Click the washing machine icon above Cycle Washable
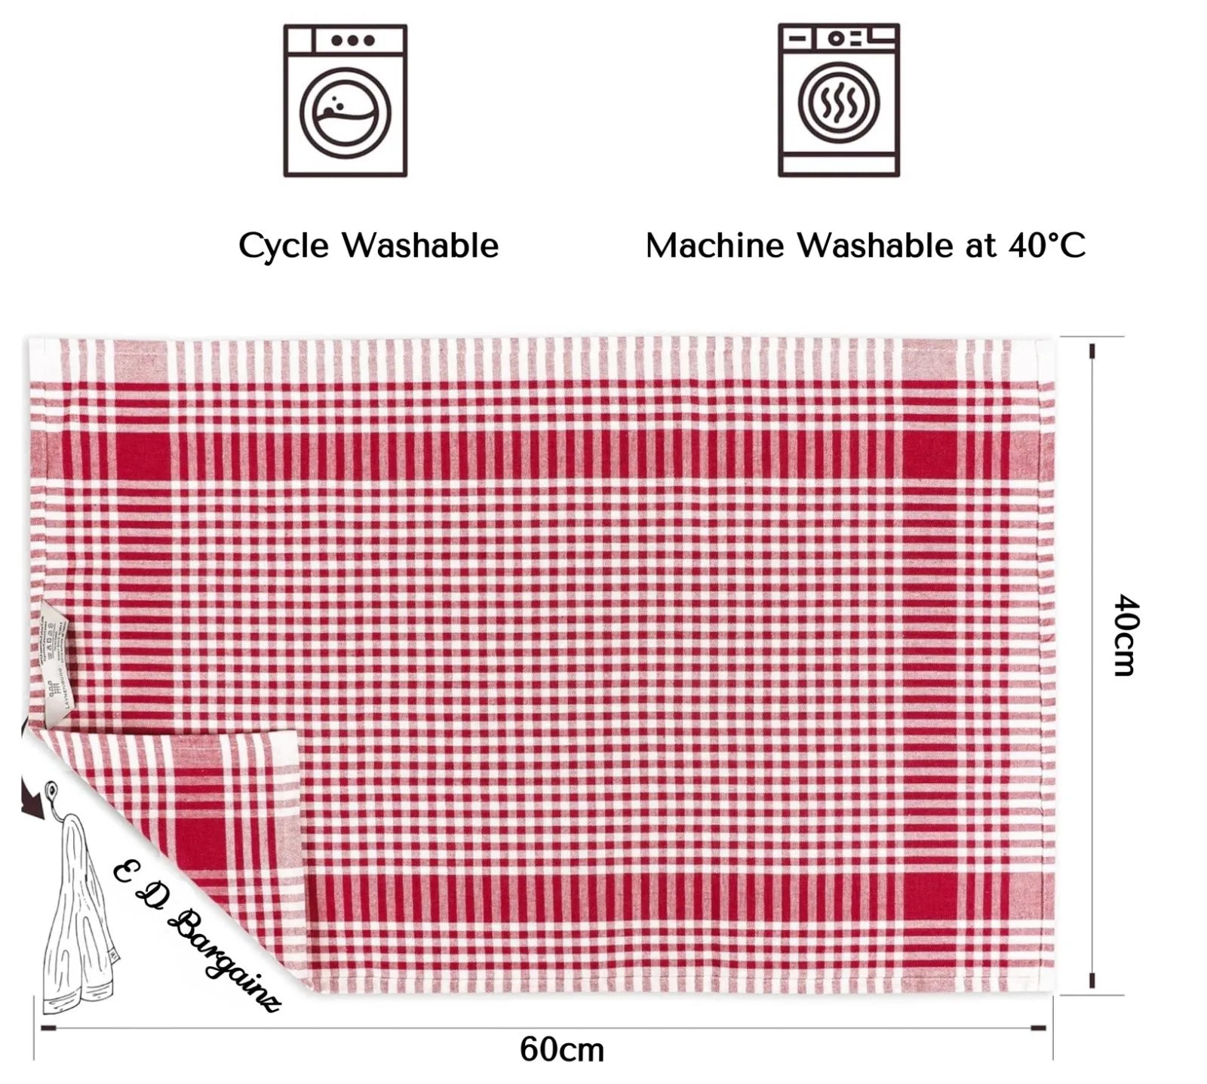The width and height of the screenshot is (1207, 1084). click(345, 101)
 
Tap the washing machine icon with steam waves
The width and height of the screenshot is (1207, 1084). click(839, 101)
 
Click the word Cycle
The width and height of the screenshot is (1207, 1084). click(284, 246)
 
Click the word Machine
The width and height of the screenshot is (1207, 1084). click(714, 246)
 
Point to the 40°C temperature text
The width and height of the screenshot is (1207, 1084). click(1047, 245)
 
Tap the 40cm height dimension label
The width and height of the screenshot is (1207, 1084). click(1125, 634)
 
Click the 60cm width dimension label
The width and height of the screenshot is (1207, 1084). click(562, 1049)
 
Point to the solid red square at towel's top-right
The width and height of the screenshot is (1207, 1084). click(929, 457)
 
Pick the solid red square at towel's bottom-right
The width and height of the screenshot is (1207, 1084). click(929, 898)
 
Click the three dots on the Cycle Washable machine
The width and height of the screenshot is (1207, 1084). click(352, 41)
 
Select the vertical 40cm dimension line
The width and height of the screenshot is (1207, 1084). click(1092, 664)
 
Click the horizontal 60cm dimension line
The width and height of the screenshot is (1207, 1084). click(543, 1028)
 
